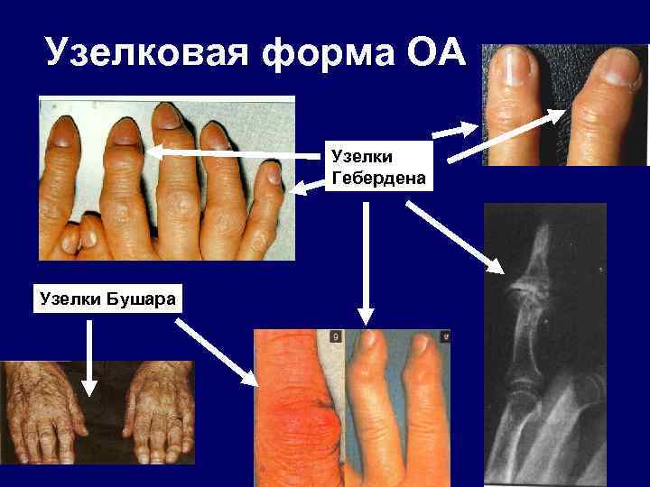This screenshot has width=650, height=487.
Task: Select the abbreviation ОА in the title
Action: coord(431,56)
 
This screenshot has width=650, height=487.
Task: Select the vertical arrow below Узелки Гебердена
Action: coord(365,262)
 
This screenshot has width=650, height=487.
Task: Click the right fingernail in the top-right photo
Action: coord(620,65)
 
